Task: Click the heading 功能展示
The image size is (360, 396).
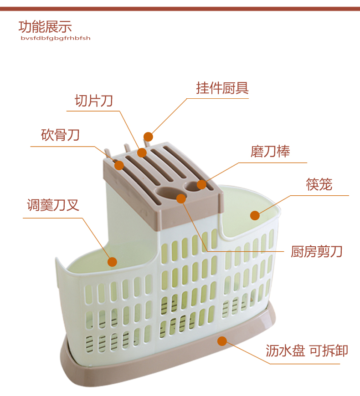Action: click(x=45, y=26)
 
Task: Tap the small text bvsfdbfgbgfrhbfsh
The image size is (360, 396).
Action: click(x=55, y=38)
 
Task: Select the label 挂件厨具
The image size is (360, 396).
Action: click(x=222, y=88)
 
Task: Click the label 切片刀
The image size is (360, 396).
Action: click(x=93, y=101)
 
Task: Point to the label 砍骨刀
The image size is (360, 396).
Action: click(x=60, y=135)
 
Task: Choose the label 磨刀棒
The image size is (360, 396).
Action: click(x=270, y=152)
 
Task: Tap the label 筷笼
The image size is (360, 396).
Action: click(x=319, y=184)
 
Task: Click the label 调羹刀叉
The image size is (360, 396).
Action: click(x=53, y=205)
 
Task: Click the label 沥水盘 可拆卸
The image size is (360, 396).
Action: click(x=307, y=350)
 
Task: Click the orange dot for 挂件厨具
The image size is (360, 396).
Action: click(x=148, y=137)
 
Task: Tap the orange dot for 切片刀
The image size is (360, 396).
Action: click(x=142, y=152)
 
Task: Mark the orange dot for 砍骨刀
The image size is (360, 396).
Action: click(x=119, y=165)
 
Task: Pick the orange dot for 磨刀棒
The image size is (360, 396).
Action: click(x=201, y=184)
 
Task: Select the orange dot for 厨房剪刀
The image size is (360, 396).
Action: click(x=181, y=198)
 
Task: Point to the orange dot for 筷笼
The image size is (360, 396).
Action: click(x=254, y=215)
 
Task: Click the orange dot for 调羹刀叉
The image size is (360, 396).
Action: click(x=112, y=262)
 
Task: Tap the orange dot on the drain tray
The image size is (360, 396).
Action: click(x=222, y=341)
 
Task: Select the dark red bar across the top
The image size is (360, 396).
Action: click(x=180, y=9)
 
